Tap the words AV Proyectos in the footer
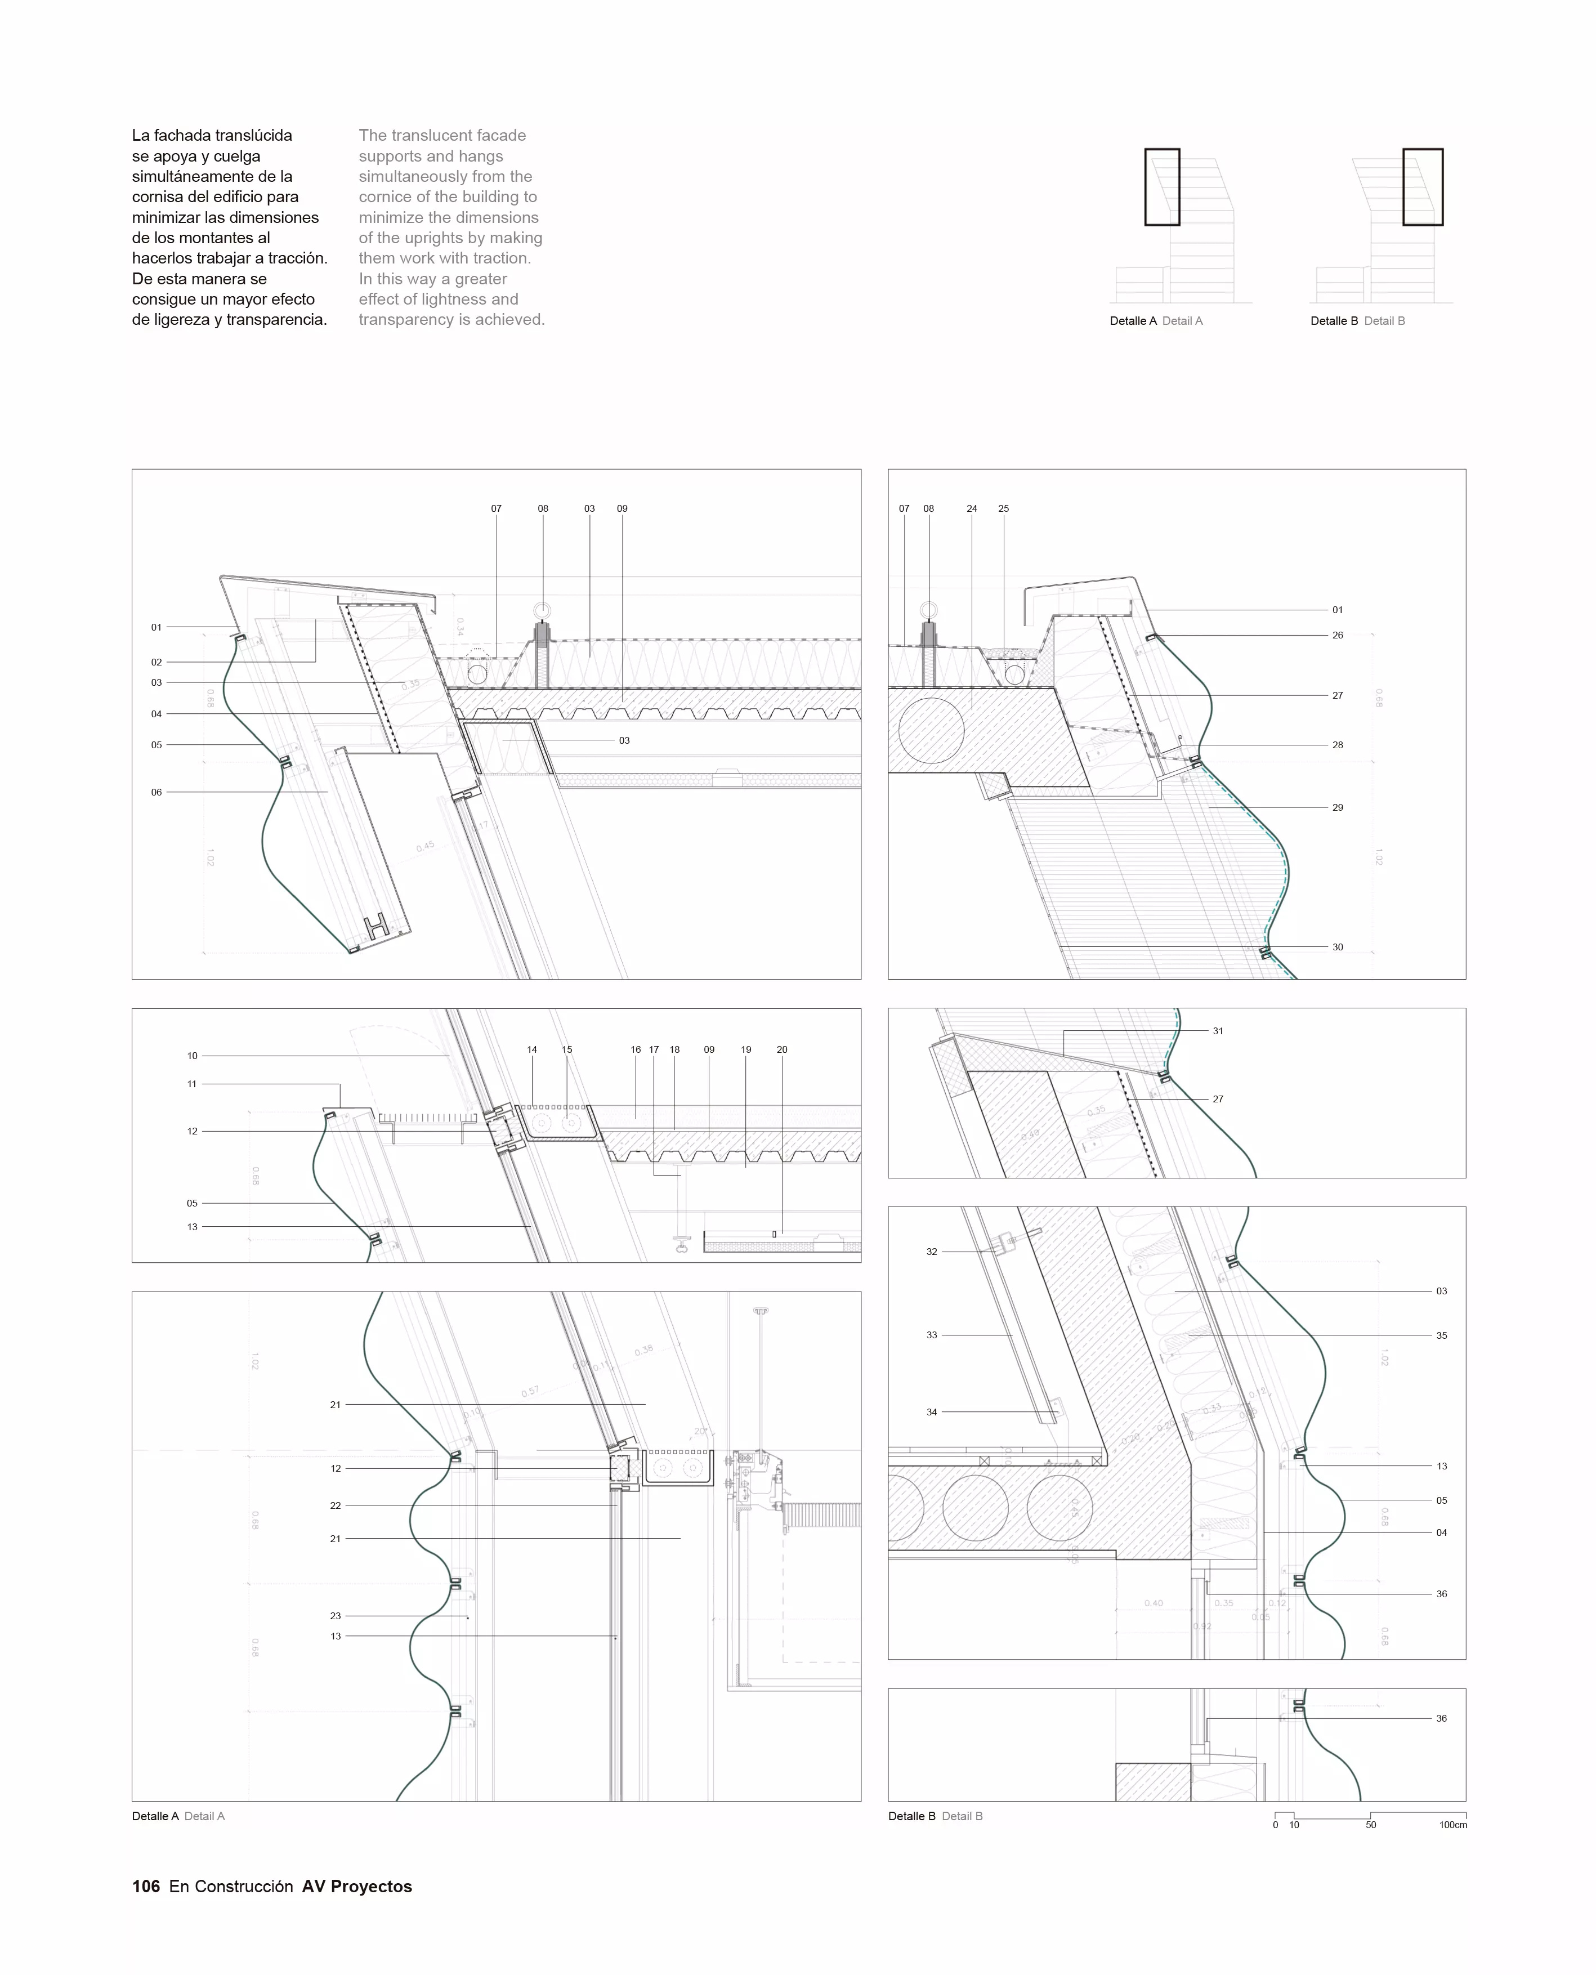[x=357, y=1886]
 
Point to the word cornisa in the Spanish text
[x=158, y=196]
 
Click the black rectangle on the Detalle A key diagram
[x=1161, y=187]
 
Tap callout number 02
[x=157, y=662]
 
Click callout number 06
[x=157, y=792]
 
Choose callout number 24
[x=972, y=508]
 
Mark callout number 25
[x=1003, y=508]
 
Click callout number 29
[x=1338, y=807]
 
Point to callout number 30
[x=1338, y=947]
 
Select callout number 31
[x=1218, y=1031]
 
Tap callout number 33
[x=931, y=1335]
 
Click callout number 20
[x=781, y=1049]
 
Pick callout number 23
[x=336, y=1615]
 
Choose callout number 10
[x=192, y=1056]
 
